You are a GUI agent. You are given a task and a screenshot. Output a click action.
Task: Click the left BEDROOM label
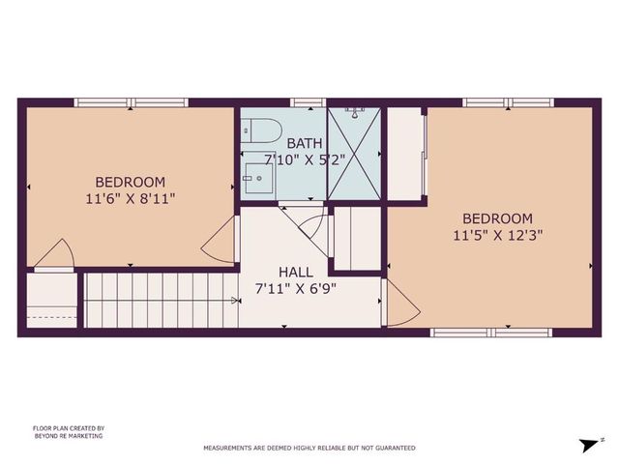(130, 182)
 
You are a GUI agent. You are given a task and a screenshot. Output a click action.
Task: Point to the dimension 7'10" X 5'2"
(305, 160)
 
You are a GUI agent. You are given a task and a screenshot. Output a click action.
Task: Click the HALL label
(295, 273)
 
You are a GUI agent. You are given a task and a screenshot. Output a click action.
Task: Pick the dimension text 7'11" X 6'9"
(295, 288)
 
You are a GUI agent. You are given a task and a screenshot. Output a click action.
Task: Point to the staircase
(160, 300)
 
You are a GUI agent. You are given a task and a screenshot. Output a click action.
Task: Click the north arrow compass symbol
(587, 444)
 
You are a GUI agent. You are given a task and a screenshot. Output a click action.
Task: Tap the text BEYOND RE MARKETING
(68, 436)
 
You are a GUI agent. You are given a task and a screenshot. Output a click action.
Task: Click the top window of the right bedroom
(508, 101)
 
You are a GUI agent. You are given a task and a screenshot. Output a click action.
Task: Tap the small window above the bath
(307, 101)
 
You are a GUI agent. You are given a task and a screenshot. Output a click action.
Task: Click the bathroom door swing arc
(311, 224)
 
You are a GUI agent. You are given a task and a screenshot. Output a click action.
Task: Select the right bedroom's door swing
(401, 304)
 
